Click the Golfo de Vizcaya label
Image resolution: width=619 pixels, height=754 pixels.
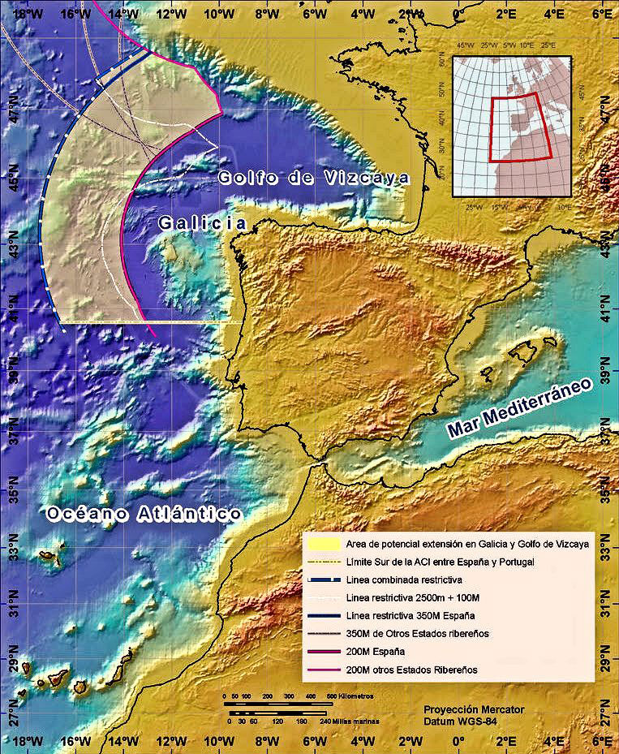point(313,179)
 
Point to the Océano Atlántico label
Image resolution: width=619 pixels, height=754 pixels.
point(144,514)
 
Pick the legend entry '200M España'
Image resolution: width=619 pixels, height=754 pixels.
point(372,652)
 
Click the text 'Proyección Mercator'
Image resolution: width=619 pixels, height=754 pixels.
point(474,709)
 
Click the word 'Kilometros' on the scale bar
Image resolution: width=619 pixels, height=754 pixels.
point(353,696)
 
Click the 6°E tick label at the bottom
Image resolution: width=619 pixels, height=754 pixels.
point(600,741)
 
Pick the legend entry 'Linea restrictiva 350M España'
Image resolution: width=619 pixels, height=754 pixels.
point(406,616)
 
